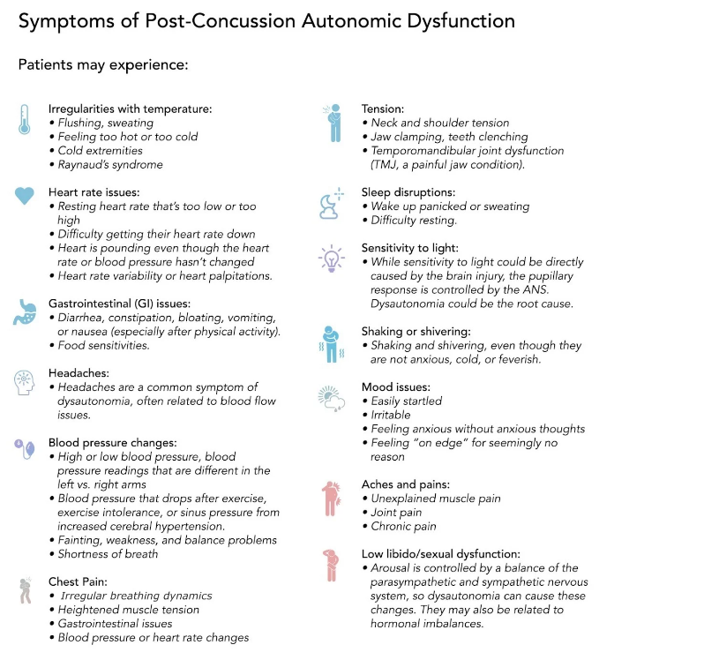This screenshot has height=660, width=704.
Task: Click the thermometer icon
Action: pyautogui.click(x=24, y=119)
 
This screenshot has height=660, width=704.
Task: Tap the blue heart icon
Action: pyautogui.click(x=25, y=196)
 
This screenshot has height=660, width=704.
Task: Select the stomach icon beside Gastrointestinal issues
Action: pyautogui.click(x=24, y=311)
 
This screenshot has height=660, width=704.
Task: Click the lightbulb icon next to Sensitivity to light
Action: pyautogui.click(x=329, y=259)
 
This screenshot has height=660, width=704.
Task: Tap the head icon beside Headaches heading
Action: pyautogui.click(x=24, y=383)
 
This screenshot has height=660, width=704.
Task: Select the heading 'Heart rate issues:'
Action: pyautogui.click(x=94, y=191)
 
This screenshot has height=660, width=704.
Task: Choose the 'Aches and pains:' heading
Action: pyautogui.click(x=406, y=484)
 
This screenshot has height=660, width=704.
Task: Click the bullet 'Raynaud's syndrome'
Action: pyautogui.click(x=110, y=164)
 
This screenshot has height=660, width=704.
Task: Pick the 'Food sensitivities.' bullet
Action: pyautogui.click(x=103, y=345)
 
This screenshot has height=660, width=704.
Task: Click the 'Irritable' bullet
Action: pyautogui.click(x=393, y=415)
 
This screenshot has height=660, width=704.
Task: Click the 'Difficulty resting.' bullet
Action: pyautogui.click(x=414, y=220)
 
